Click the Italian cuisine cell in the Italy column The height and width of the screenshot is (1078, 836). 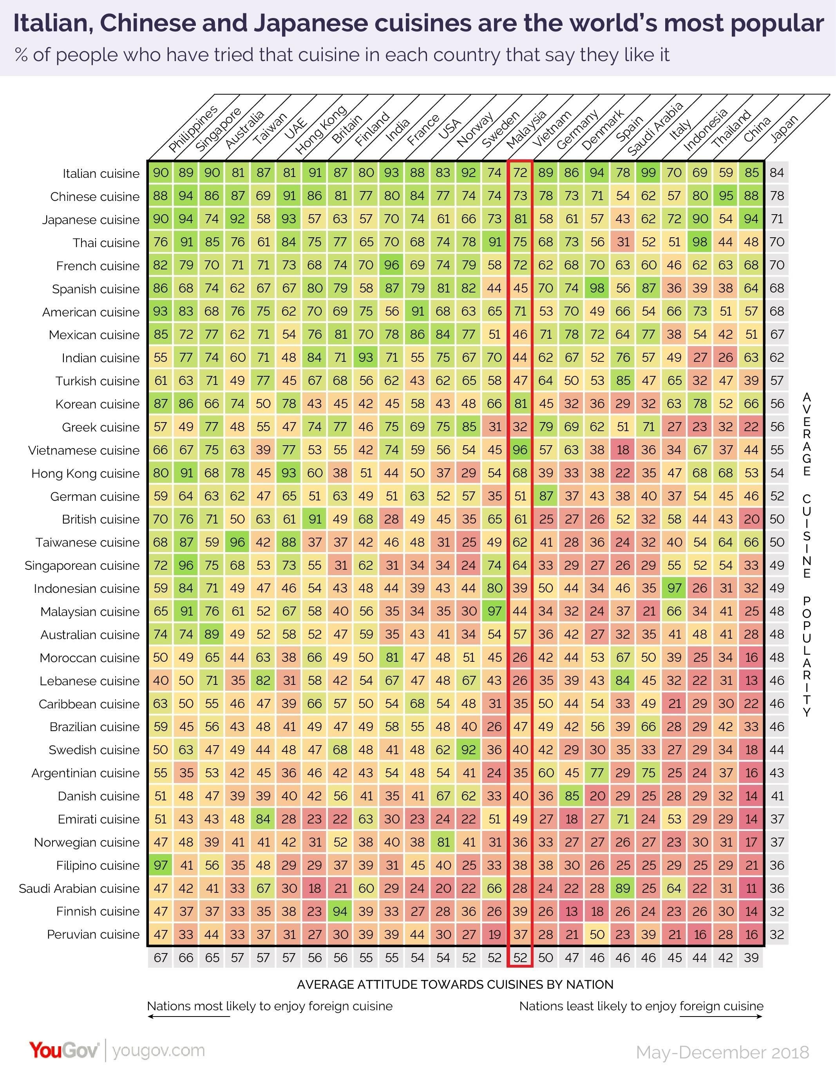pos(648,173)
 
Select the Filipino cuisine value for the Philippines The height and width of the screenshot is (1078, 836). pos(161,865)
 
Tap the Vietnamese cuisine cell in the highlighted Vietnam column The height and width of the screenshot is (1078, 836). pos(520,450)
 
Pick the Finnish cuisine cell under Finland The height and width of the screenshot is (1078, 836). pos(340,911)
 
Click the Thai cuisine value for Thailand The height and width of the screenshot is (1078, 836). pos(700,242)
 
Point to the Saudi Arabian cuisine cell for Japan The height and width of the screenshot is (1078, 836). pos(751,888)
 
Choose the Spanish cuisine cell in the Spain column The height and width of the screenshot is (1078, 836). pos(597,288)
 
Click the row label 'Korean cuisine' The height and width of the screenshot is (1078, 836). pos(97,404)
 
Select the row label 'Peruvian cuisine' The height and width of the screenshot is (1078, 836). pos(93,934)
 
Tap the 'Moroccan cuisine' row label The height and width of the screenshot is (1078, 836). pos(90,658)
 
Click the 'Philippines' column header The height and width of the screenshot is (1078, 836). pos(193,129)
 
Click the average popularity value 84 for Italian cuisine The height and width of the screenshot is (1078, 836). pos(777,173)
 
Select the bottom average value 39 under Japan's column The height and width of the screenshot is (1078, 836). pos(751,957)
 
